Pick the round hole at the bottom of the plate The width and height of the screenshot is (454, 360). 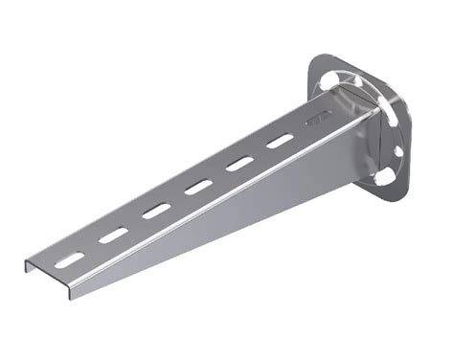click(x=381, y=179)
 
